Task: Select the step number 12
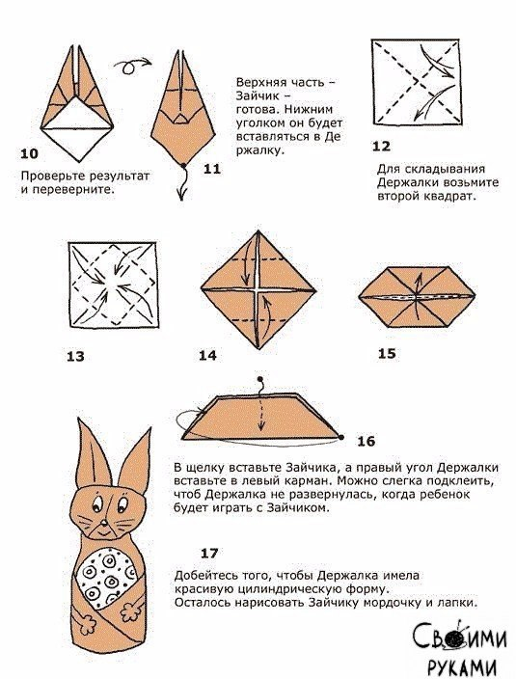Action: click(381, 147)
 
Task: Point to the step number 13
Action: click(75, 356)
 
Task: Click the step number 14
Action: click(206, 355)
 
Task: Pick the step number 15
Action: click(386, 353)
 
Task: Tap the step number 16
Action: click(366, 441)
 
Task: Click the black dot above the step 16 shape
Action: click(260, 378)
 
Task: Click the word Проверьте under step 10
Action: click(55, 177)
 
